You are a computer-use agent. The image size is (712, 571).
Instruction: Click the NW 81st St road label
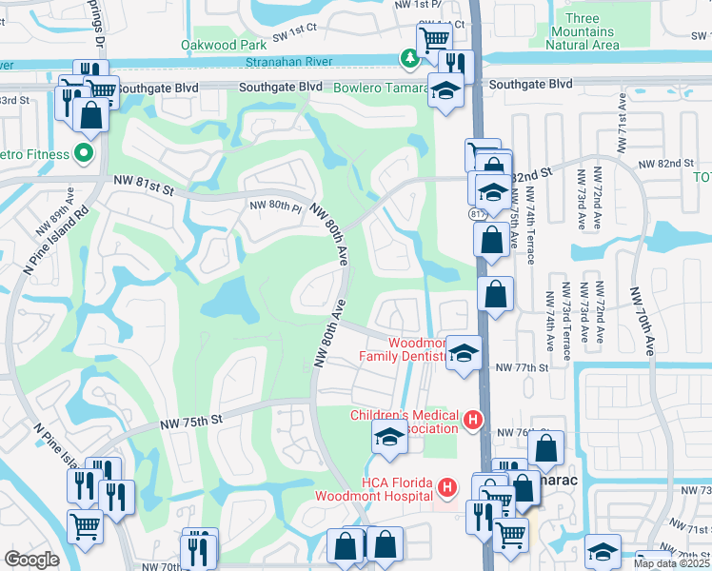139,191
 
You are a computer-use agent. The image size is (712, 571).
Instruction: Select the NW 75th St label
190,420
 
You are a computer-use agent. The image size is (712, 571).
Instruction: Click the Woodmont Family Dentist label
401,349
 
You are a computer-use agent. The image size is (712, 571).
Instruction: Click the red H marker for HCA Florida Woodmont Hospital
448,488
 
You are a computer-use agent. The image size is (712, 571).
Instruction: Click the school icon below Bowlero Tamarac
444,91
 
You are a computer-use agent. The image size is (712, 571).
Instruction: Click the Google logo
31,559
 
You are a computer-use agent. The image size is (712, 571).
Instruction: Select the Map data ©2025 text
670,563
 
